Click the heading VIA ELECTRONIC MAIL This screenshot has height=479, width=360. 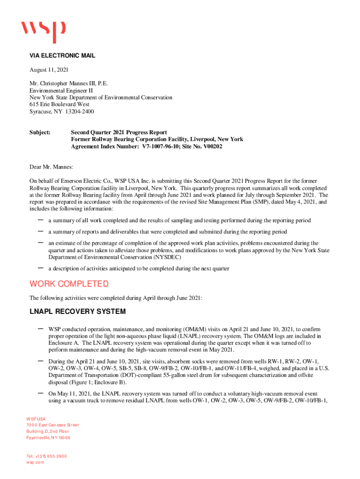62,56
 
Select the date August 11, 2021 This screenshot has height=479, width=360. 49,70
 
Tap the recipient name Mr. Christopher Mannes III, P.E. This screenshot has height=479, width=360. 69,84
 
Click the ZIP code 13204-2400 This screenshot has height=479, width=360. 78,112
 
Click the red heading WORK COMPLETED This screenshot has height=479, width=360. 69,284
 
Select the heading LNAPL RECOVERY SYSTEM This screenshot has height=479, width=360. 78,312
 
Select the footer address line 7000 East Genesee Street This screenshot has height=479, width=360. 52,425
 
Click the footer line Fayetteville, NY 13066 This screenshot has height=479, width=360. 48,437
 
